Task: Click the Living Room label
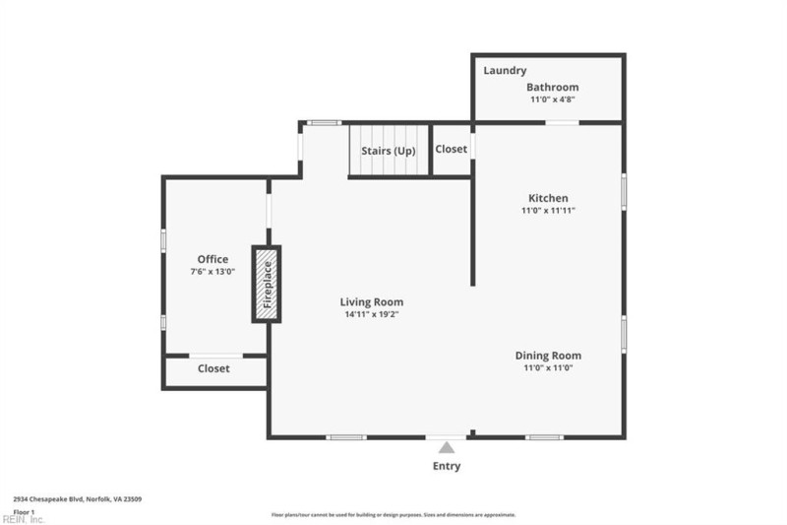(x=371, y=302)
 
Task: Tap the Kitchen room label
(x=548, y=198)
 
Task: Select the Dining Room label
(x=548, y=356)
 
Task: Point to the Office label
(x=212, y=260)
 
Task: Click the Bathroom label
(x=552, y=88)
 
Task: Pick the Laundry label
(x=505, y=71)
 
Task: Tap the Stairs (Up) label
(x=389, y=151)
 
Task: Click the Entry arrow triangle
(x=447, y=448)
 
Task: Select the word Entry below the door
(x=447, y=466)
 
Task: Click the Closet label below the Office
(x=213, y=368)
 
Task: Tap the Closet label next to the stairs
(x=452, y=150)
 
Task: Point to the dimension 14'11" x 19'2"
(x=371, y=315)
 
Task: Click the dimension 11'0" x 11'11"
(x=548, y=211)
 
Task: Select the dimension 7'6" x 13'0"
(x=212, y=272)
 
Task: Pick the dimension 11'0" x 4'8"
(x=552, y=99)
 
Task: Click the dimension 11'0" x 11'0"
(x=548, y=368)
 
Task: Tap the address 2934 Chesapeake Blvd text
(x=77, y=499)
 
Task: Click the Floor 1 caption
(x=24, y=511)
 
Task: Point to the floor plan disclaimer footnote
(x=393, y=514)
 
